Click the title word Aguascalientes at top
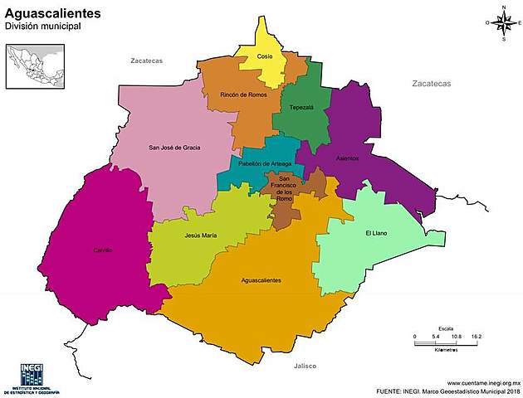click(x=54, y=13)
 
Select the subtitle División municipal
click(x=42, y=27)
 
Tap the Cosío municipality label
click(x=264, y=56)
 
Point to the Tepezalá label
click(x=301, y=108)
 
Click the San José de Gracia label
click(x=174, y=148)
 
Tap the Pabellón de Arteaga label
click(x=265, y=164)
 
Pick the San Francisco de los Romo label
click(x=285, y=188)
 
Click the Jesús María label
click(x=201, y=235)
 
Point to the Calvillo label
click(x=103, y=250)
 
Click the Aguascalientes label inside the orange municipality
click(x=261, y=280)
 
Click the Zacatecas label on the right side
click(x=431, y=84)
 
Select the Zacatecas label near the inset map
click(x=147, y=61)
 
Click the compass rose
click(x=504, y=23)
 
